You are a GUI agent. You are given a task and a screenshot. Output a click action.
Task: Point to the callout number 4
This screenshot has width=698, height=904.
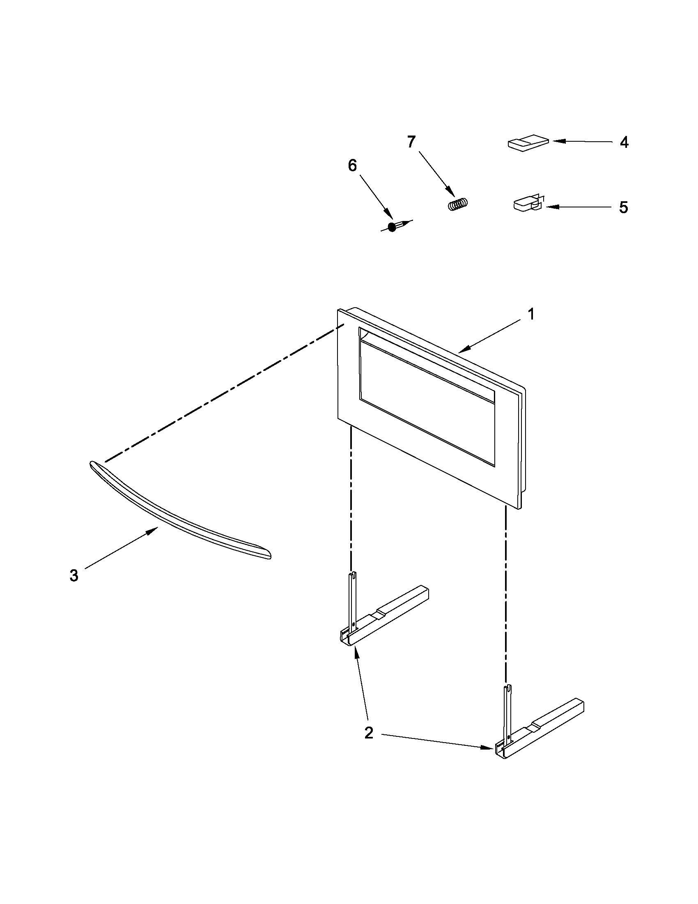tap(624, 143)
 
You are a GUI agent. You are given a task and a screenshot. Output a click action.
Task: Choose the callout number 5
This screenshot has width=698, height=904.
tap(623, 207)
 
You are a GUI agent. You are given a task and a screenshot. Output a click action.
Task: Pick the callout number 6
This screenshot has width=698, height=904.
tap(352, 166)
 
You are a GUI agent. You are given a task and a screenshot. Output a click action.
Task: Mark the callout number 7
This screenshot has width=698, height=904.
tap(411, 142)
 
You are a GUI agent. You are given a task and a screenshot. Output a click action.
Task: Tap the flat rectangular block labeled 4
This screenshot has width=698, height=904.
tap(528, 144)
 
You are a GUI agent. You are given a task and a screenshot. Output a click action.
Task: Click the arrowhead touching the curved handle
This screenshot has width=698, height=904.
tap(155, 530)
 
